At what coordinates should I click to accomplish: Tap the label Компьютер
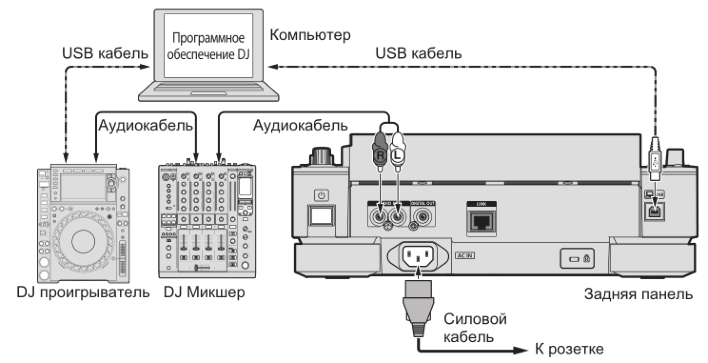[x=310, y=35]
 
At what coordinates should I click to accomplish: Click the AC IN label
[x=465, y=256]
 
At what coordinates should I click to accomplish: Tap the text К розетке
[x=569, y=349]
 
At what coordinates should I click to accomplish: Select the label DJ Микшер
[x=204, y=291]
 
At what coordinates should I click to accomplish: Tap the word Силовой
[x=474, y=318]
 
